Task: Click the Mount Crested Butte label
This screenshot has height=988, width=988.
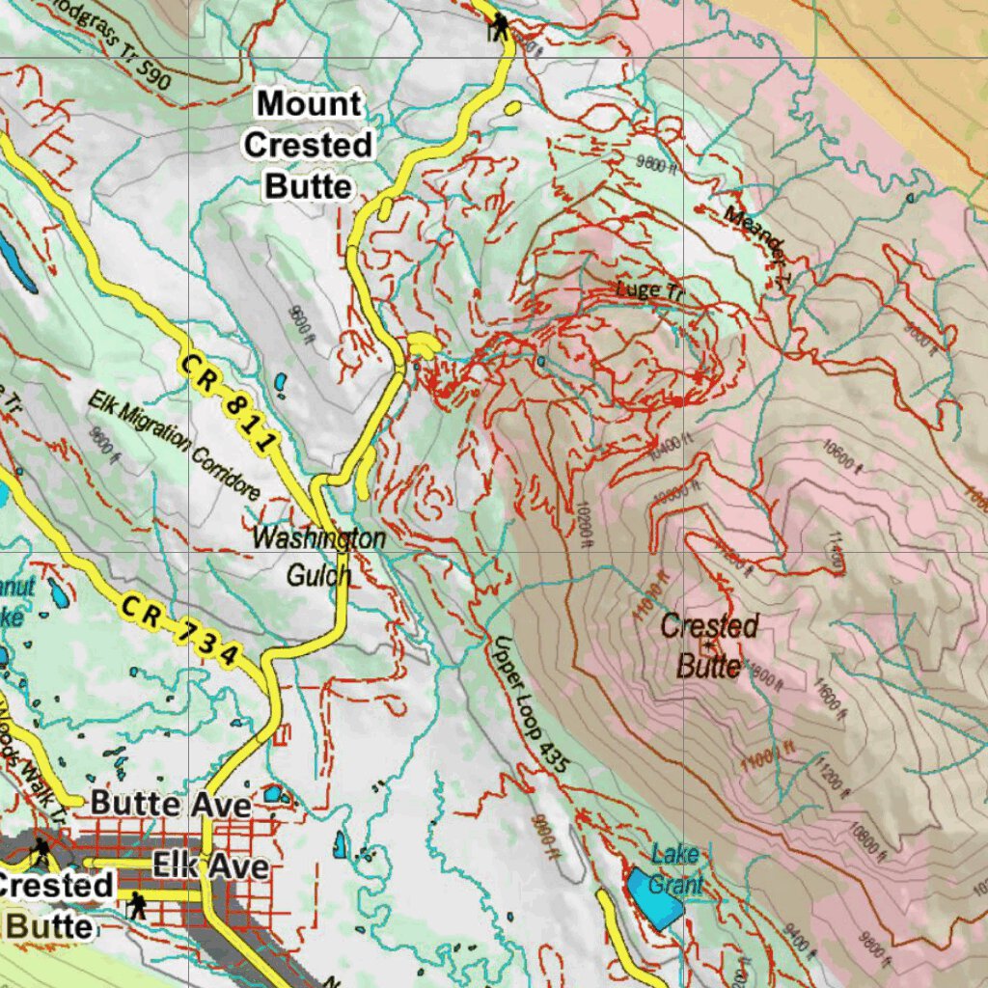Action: [x=308, y=145]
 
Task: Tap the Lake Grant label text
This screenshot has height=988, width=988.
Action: [x=675, y=869]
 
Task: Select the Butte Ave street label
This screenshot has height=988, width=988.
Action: [x=171, y=804]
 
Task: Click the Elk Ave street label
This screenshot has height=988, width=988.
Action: [x=210, y=865]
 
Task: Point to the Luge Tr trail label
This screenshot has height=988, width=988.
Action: [x=649, y=290]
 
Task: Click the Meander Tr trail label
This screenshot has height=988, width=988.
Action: [x=758, y=246]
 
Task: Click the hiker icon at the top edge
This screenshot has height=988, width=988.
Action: [x=499, y=26]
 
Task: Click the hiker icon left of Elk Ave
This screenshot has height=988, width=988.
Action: [x=137, y=905]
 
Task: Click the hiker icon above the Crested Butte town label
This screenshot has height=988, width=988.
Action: [x=41, y=850]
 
